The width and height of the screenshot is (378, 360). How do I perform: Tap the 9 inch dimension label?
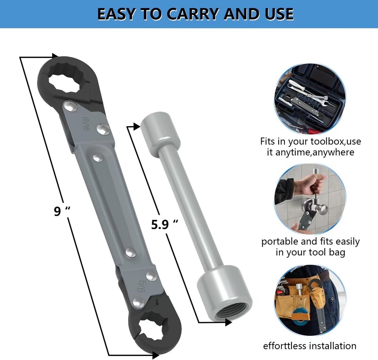coord(60,211)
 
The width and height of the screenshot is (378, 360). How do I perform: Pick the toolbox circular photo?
coord(310,99)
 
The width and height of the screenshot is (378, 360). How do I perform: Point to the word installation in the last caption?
coord(332,346)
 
